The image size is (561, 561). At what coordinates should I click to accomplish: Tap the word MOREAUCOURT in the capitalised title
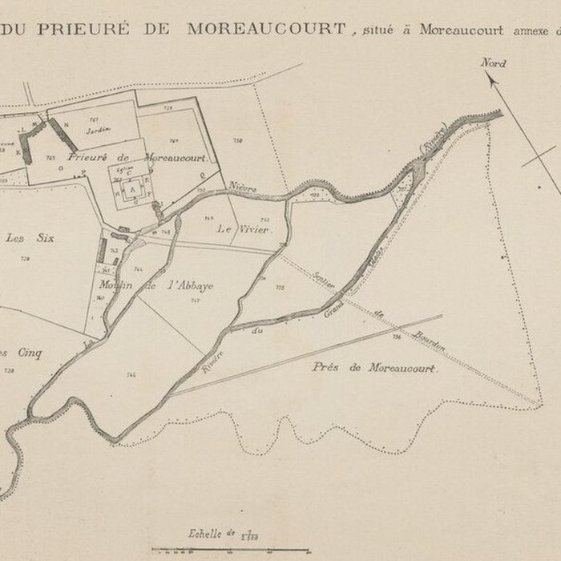click(267, 29)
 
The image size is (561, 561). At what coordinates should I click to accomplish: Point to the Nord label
click(493, 63)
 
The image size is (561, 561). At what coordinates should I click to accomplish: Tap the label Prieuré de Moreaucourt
click(137, 158)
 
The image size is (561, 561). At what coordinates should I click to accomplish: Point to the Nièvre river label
click(244, 188)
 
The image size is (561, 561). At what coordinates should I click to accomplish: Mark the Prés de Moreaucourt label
click(373, 368)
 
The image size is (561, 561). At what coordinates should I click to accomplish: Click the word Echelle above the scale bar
click(205, 531)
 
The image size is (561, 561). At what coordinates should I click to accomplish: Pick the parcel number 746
click(131, 373)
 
